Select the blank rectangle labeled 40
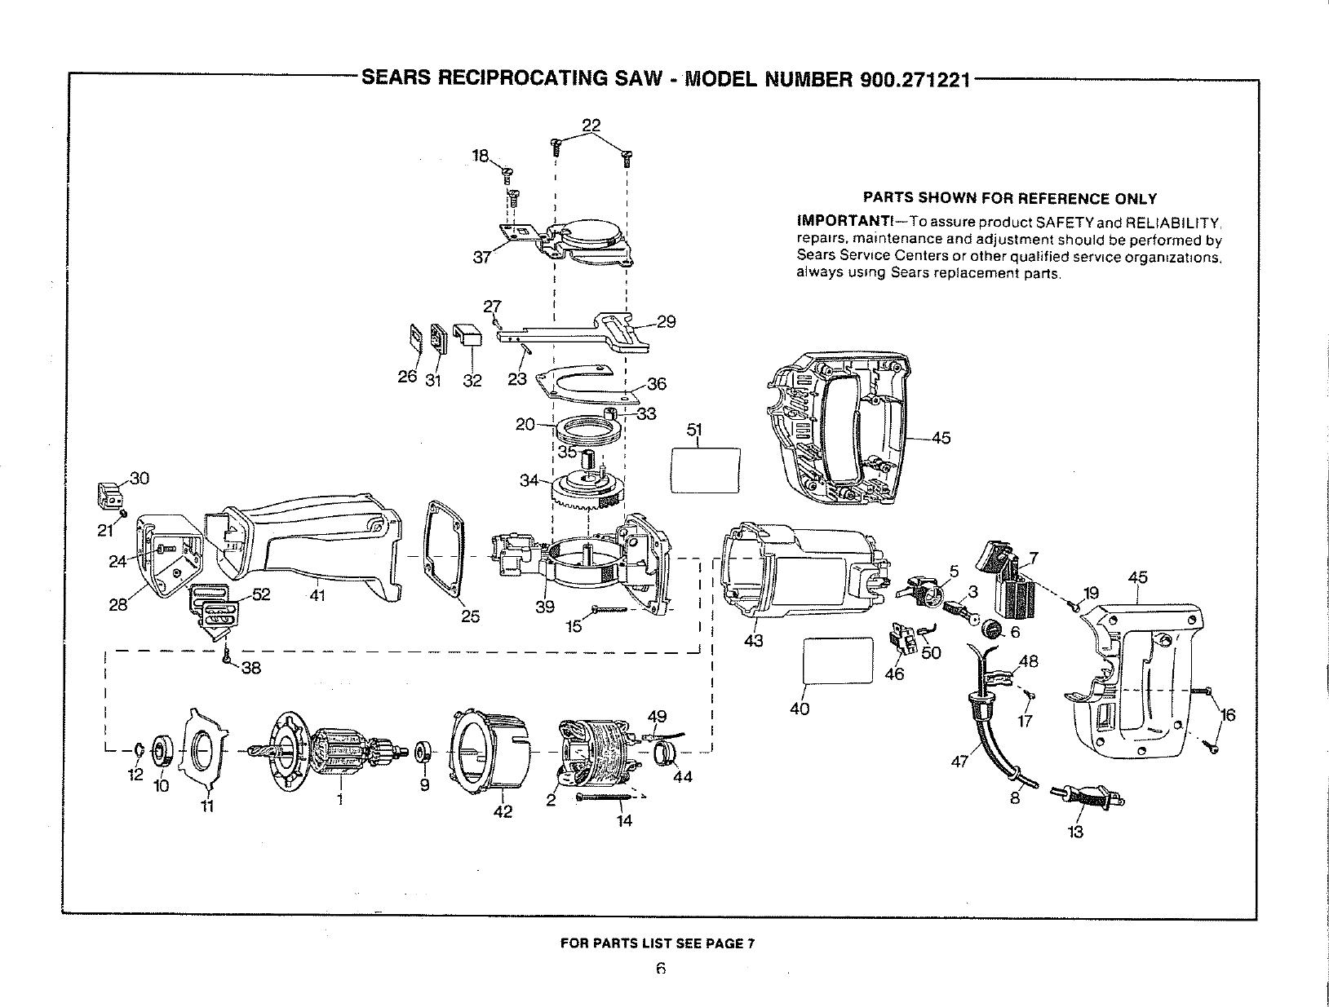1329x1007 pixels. coord(838,661)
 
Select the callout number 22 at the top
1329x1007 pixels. coord(591,125)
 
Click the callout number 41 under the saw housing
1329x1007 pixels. coord(317,596)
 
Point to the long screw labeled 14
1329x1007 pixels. coord(607,797)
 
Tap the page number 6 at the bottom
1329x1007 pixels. coord(661,969)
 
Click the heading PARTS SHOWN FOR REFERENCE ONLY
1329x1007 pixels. coord(1009,198)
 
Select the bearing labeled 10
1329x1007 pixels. coord(162,749)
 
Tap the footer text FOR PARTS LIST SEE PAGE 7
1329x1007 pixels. coord(658,944)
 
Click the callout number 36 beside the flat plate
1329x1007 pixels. coord(656,385)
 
